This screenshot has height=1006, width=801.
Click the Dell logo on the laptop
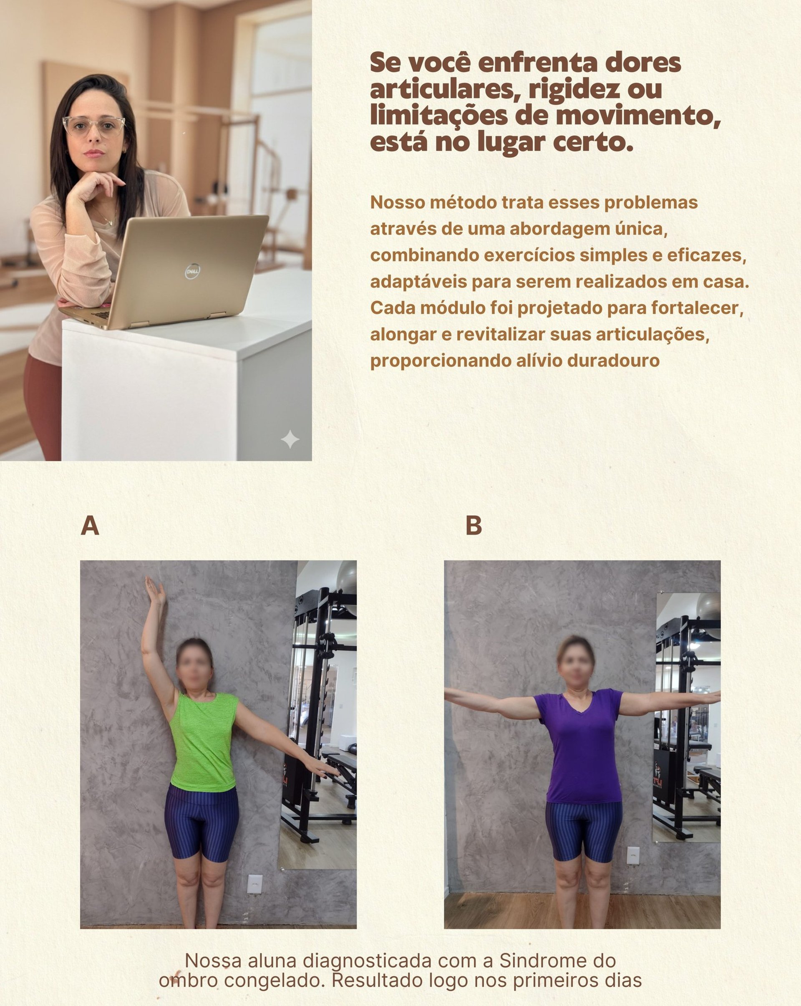click(x=192, y=271)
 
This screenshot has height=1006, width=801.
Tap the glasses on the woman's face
click(x=94, y=126)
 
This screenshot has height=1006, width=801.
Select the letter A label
click(x=90, y=526)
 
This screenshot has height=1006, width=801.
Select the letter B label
click(x=474, y=526)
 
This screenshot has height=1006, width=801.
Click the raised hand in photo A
click(x=154, y=592)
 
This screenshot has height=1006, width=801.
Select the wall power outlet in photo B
click(x=633, y=855)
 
